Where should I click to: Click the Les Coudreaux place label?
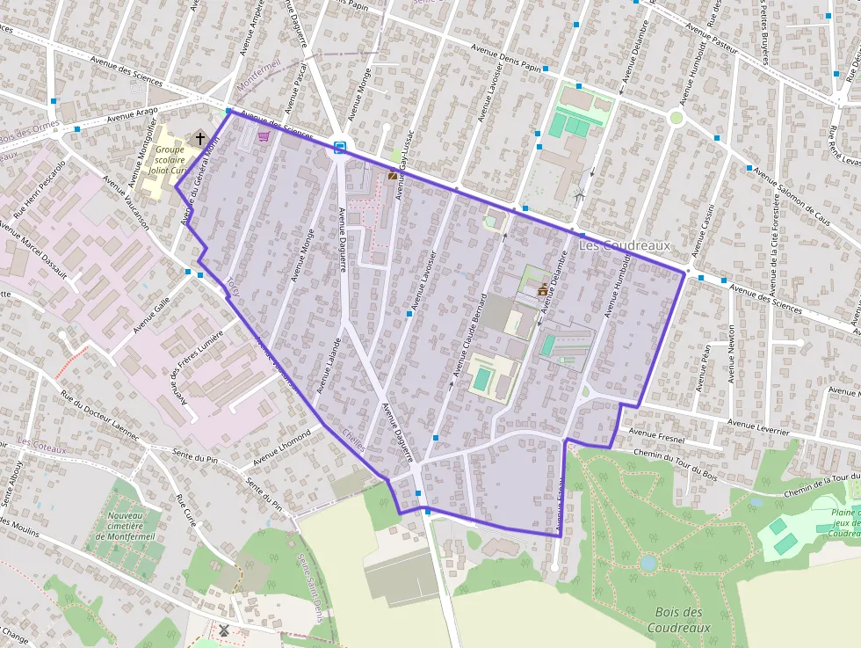[624, 245]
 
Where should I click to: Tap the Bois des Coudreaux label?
[678, 620]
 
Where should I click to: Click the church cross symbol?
[200, 138]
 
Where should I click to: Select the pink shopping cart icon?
[263, 136]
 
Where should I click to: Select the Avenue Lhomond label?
[282, 448]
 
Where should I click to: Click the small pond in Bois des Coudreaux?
[648, 563]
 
